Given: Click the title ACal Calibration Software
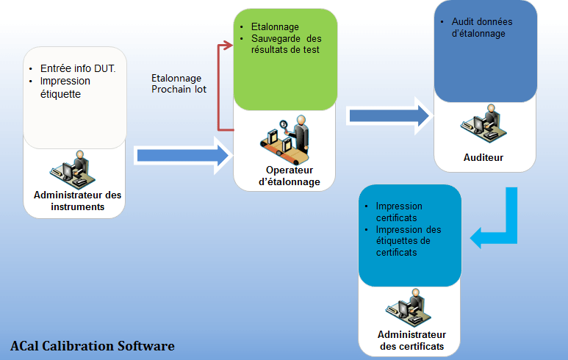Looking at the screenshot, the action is (93, 346).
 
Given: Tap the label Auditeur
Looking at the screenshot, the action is (483, 157).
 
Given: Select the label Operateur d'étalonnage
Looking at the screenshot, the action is (289, 176).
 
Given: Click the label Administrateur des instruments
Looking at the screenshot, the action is (77, 201).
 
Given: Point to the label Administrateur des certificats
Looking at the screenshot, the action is (412, 340).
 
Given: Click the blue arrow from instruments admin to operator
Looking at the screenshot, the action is (183, 156).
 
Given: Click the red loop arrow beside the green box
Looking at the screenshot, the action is (218, 87).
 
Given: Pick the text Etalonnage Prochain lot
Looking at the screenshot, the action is (179, 84).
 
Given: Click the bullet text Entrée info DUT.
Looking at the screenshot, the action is (78, 68).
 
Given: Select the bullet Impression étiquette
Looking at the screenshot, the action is (65, 87).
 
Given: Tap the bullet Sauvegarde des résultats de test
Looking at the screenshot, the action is (286, 44).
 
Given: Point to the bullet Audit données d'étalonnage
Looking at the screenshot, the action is (482, 27).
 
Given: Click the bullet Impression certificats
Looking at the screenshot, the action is (399, 212).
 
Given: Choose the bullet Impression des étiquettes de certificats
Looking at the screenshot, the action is (409, 241).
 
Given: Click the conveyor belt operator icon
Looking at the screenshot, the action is (284, 140).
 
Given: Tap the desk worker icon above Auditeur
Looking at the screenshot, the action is (483, 123).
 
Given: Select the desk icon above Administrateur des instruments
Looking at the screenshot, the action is (73, 170).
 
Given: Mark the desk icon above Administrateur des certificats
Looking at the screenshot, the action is (409, 309).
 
